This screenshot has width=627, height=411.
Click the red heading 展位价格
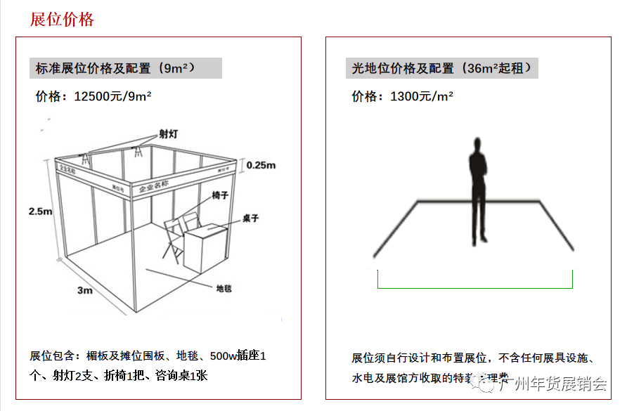tap(62, 19)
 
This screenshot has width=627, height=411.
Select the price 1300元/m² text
tap(402, 96)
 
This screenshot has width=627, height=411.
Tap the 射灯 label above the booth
tap(168, 133)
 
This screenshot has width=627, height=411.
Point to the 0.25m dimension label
tap(260, 165)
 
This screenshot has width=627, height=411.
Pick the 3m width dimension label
tap(84, 290)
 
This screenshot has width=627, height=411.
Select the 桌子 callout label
tap(251, 218)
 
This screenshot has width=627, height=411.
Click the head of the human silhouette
tap(478, 144)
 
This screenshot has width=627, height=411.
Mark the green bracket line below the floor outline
tap(475, 287)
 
